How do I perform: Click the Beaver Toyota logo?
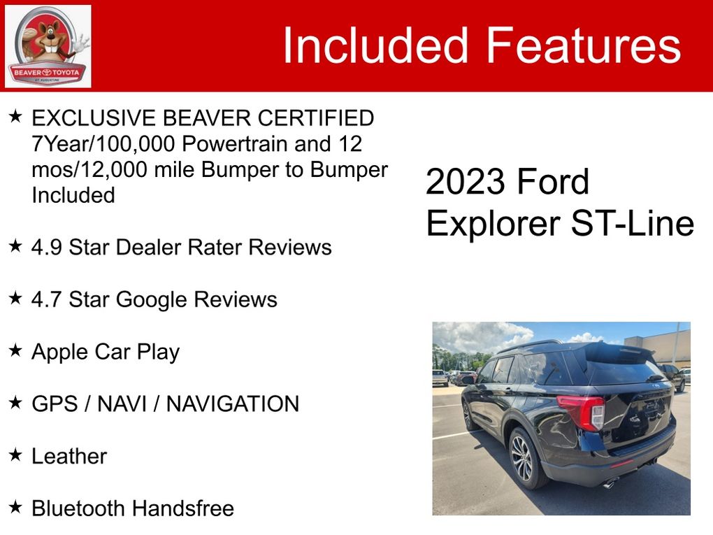tap(48, 46)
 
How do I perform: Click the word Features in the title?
tap(584, 45)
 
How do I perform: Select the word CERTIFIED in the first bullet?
tap(315, 117)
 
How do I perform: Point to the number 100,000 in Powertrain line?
tap(135, 144)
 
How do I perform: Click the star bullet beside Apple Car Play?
tap(15, 350)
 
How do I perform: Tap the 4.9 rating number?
tap(46, 248)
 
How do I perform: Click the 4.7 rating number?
tap(46, 300)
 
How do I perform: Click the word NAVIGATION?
tap(233, 404)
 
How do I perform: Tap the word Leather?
tap(69, 456)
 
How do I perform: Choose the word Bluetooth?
tap(79, 508)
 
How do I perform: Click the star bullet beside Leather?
tap(15, 454)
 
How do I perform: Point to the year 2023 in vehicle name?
tap(465, 182)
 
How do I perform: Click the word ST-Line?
tap(632, 223)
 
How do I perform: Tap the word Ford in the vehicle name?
tap(553, 182)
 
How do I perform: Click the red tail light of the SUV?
tap(582, 411)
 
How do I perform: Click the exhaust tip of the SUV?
tap(610, 483)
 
